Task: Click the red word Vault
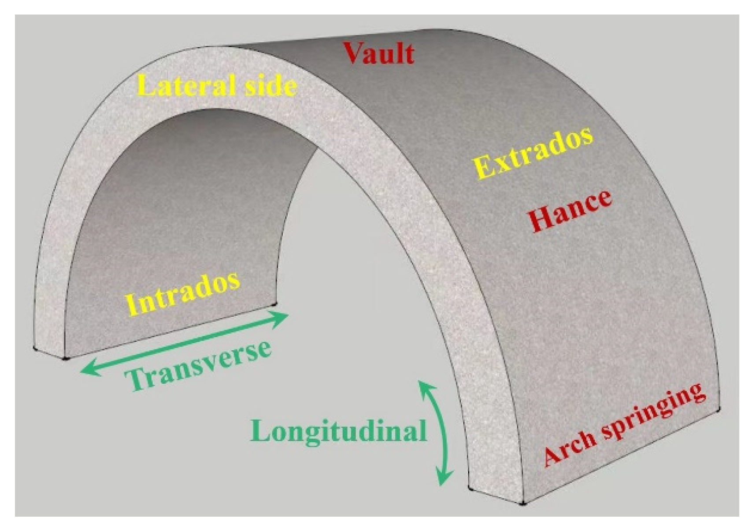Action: (379, 54)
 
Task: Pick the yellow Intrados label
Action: (183, 293)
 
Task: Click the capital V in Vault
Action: (355, 53)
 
